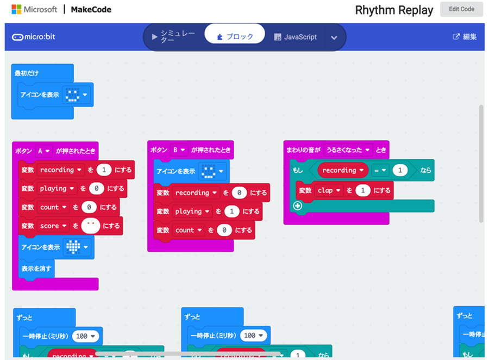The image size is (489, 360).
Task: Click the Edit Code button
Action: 461,9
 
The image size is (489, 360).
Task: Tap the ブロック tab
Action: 235,36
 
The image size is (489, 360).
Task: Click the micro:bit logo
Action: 34,37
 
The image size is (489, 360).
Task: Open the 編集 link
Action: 465,37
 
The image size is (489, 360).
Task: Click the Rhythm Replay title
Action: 394,10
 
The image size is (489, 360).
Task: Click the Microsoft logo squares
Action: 16,9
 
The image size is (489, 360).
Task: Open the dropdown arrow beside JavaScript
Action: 334,38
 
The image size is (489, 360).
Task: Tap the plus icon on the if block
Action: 297,206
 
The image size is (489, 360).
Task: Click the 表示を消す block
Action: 37,268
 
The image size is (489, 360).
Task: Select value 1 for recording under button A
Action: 103,170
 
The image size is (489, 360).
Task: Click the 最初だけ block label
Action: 27,73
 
